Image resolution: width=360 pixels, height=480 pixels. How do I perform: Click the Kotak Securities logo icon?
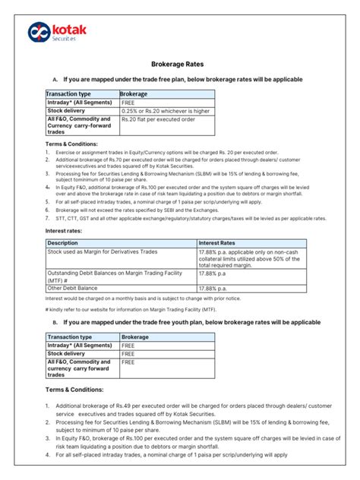click(x=39, y=31)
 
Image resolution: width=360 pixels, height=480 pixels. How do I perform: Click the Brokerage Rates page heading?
click(x=179, y=66)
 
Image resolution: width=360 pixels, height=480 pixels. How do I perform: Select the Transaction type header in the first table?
click(x=70, y=93)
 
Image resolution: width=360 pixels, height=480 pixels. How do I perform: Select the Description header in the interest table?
click(x=65, y=243)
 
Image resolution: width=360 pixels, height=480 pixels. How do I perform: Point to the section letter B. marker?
click(x=55, y=322)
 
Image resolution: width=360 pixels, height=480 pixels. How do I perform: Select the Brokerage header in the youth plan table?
click(x=135, y=336)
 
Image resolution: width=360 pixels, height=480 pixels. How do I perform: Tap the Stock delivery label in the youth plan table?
click(x=66, y=353)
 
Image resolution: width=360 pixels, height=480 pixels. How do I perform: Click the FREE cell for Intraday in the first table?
click(x=128, y=102)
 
